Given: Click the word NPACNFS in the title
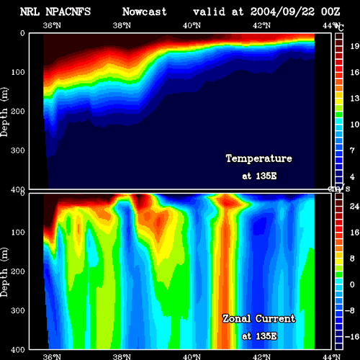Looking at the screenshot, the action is point(68,12).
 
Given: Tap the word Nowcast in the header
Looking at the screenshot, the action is point(145,12).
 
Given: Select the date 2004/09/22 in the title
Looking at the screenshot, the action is point(282,12).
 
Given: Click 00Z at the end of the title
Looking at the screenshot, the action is point(330,12).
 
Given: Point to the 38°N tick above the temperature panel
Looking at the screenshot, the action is point(122,25).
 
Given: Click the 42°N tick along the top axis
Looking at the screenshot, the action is point(261,25).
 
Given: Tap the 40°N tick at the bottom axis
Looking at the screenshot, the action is point(192,356).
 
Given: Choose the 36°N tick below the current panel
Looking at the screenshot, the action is point(52,356).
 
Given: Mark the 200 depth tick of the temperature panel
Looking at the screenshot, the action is point(18,111).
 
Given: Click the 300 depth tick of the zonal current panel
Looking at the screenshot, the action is point(18,310).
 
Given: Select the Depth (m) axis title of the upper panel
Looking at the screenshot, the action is point(4,112).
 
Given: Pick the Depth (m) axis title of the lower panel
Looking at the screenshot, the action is point(4,272).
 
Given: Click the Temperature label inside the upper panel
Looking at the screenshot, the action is point(259,158).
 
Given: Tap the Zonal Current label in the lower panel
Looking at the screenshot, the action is point(259,319).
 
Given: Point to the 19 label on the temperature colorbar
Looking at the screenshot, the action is point(355,46).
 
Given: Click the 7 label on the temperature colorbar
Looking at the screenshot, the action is point(352,150).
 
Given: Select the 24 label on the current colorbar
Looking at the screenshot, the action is point(354,207).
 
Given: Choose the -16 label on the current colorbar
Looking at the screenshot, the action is point(352,337).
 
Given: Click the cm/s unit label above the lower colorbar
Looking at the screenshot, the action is point(339,189).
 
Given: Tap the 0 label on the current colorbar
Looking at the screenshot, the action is point(352,284).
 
